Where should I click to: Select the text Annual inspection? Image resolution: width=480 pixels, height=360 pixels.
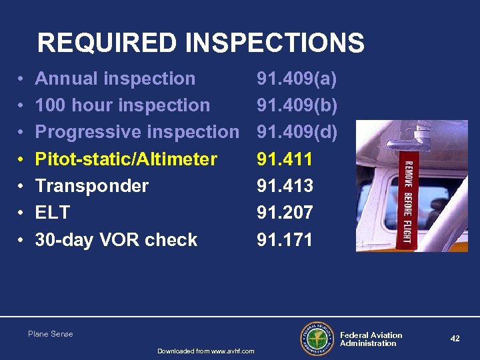point(115,79)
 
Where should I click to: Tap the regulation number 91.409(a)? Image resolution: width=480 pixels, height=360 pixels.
point(297,79)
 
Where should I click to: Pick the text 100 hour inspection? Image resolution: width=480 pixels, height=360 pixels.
point(122,105)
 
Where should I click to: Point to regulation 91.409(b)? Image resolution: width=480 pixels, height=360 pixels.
point(297,105)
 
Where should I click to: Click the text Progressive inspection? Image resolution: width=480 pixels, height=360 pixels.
point(136,132)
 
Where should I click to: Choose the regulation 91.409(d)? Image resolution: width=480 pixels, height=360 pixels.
point(297,132)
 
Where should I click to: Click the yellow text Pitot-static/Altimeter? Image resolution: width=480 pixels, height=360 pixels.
point(125,159)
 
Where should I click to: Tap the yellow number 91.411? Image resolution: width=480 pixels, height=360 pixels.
point(285,159)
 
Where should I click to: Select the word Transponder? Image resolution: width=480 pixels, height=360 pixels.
point(91,185)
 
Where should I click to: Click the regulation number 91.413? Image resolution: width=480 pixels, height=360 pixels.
point(285,185)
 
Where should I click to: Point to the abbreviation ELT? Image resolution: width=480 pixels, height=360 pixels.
point(52,213)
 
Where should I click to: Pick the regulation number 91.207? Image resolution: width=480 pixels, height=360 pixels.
point(285,213)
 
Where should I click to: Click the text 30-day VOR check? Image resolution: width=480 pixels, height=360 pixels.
point(116,240)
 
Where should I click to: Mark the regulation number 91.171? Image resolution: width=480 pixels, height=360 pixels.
point(285,240)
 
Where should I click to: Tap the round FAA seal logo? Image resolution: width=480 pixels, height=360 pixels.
point(317,339)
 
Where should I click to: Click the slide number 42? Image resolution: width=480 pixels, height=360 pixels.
point(455,339)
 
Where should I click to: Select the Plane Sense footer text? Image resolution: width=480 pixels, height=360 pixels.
point(51,334)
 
